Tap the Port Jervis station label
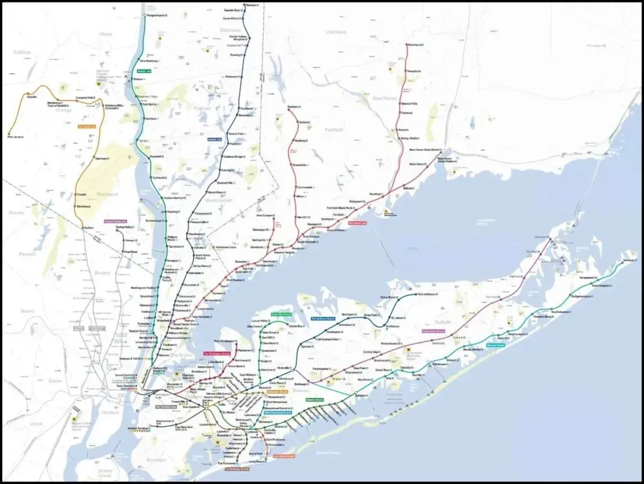click(x=14, y=135)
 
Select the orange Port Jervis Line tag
click(x=87, y=126)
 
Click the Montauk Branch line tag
click(x=496, y=345)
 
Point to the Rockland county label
click(x=108, y=194)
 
